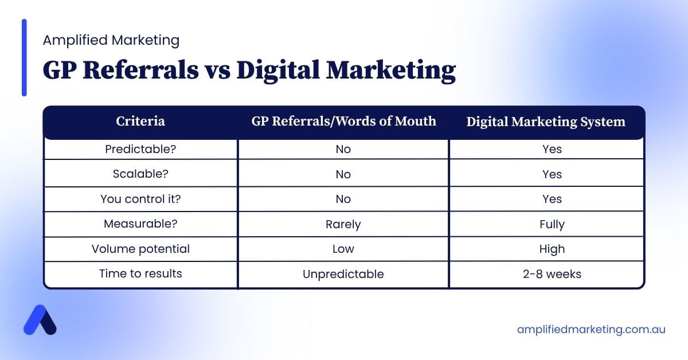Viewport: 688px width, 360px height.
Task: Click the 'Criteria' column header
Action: coord(140,122)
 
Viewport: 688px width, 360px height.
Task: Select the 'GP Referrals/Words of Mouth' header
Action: coord(343,122)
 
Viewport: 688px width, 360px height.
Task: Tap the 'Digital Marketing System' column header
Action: coord(546,122)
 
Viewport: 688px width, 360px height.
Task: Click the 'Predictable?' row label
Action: coord(140,149)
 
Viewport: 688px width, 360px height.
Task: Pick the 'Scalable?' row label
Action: coord(140,174)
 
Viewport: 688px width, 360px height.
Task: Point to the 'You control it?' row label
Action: coord(140,199)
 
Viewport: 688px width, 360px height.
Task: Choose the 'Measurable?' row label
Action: coord(140,224)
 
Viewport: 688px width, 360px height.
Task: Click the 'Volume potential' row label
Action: coord(140,249)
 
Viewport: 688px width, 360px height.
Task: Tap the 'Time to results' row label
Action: coord(140,273)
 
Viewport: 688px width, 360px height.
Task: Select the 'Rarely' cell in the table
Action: coord(343,224)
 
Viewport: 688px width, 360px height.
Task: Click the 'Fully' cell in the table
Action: coord(552,224)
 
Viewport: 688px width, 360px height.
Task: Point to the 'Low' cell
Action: coord(343,249)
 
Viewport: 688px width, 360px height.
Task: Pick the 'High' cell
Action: coord(552,249)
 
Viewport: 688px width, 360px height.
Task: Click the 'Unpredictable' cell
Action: coord(343,274)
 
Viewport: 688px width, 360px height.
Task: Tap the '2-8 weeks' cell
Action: coord(552,274)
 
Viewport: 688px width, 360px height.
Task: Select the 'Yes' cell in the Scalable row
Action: coord(552,174)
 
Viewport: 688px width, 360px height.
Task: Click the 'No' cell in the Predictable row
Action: coord(343,149)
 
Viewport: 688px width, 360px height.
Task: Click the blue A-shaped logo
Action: coord(40,320)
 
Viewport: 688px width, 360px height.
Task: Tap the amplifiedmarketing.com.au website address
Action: coord(591,330)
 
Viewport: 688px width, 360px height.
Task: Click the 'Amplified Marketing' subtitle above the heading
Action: coord(111,40)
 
